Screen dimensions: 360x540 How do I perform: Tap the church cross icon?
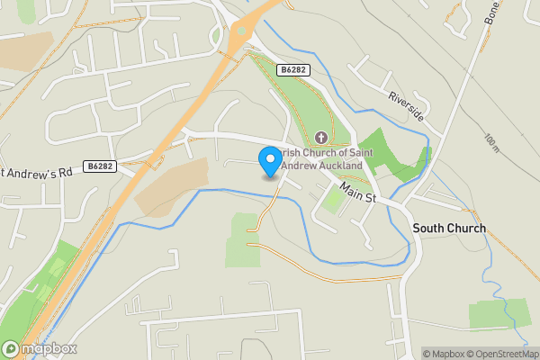click(x=321, y=138)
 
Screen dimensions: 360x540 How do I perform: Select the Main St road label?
click(x=358, y=192)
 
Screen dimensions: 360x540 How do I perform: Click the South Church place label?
click(x=449, y=229)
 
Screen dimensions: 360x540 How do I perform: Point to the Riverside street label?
click(x=406, y=105)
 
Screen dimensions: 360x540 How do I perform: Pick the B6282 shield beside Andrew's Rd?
click(x=101, y=166)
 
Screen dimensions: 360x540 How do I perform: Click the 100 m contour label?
click(x=490, y=145)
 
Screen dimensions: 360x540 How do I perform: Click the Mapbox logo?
click(x=40, y=349)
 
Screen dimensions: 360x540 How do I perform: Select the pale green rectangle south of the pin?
click(x=243, y=238)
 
